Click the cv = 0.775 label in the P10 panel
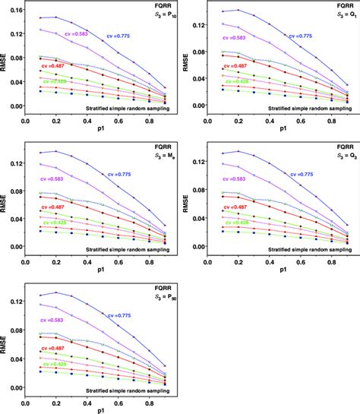pyautogui.click(x=138, y=36)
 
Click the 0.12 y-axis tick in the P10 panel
pyautogui.click(x=13, y=25)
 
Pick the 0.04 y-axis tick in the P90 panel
pyautogui.click(x=13, y=360)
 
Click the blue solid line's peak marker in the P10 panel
pyautogui.click(x=57, y=17)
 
